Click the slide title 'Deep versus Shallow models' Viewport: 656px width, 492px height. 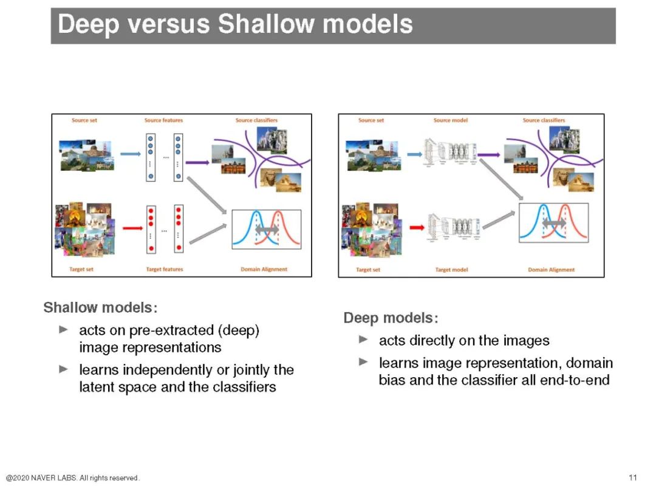235,25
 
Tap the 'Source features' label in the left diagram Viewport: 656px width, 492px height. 163,120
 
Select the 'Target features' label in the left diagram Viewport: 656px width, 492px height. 164,269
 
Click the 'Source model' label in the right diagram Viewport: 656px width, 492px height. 451,120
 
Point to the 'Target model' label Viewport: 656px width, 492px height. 451,270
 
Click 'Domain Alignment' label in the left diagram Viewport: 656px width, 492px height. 264,269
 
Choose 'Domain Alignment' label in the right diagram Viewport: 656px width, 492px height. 551,270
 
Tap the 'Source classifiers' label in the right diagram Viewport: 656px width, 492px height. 544,120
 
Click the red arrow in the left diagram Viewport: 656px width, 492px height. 132,228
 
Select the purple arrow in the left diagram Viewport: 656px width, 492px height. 197,162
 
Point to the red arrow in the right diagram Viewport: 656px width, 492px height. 417,228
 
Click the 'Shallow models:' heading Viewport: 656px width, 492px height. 100,307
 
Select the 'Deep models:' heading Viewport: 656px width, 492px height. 391,318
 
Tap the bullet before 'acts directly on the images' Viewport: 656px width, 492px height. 363,339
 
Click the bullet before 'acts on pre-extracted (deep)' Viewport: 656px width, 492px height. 64,329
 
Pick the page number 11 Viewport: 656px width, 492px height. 633,477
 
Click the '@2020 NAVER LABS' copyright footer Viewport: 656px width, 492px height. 73,478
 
